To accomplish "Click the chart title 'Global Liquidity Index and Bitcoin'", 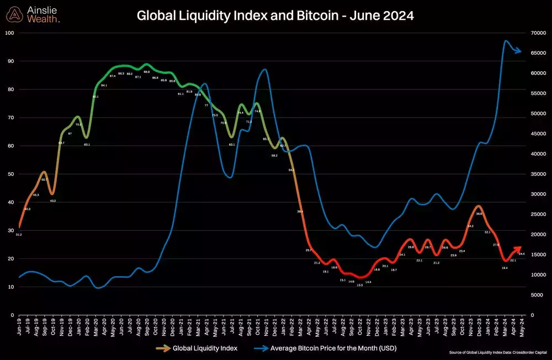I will [275, 17].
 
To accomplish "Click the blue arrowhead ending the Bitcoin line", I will [519, 51].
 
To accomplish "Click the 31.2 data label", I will [19, 235].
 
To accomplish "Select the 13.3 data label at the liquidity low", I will [359, 285].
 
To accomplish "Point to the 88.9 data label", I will [146, 72].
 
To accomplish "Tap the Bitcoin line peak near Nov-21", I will [266, 70].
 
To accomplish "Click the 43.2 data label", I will [53, 201].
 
